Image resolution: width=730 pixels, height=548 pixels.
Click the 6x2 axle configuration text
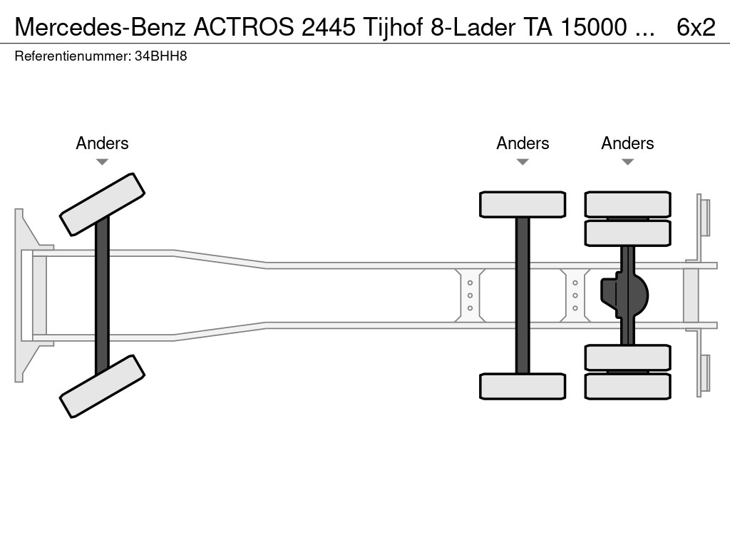[696, 26]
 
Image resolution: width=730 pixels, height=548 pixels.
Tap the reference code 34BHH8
[160, 56]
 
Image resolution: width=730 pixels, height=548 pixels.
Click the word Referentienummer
[72, 56]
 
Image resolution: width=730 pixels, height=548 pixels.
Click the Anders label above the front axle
[102, 143]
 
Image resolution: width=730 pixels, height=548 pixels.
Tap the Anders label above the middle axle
[523, 143]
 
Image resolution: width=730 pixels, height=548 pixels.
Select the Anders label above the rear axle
[627, 143]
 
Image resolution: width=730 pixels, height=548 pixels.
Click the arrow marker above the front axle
[102, 162]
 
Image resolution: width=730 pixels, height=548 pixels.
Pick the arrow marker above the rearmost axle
[627, 162]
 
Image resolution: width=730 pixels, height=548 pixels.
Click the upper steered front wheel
[102, 204]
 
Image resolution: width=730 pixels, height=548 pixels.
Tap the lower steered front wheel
[102, 386]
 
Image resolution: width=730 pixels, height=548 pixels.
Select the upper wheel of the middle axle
[523, 204]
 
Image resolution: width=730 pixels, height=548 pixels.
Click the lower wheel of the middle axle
[523, 386]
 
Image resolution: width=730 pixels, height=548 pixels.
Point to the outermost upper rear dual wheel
[627, 204]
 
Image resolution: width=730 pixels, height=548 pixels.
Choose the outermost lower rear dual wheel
[627, 386]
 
